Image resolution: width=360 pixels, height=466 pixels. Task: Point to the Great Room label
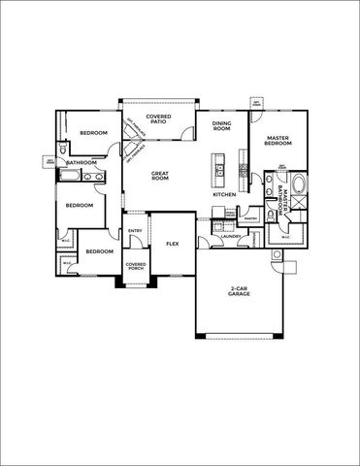[x=160, y=176]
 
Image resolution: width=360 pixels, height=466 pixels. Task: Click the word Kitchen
[x=224, y=195]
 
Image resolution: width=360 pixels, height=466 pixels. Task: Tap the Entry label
[x=135, y=230]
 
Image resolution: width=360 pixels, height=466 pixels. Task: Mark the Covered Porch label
[x=135, y=266]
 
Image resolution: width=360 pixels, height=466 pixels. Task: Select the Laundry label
[x=230, y=236]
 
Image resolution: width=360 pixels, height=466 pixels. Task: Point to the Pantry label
[x=249, y=218]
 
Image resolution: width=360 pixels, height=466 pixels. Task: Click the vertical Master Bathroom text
[x=279, y=196]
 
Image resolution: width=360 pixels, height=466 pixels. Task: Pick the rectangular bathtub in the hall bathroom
[x=71, y=177]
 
